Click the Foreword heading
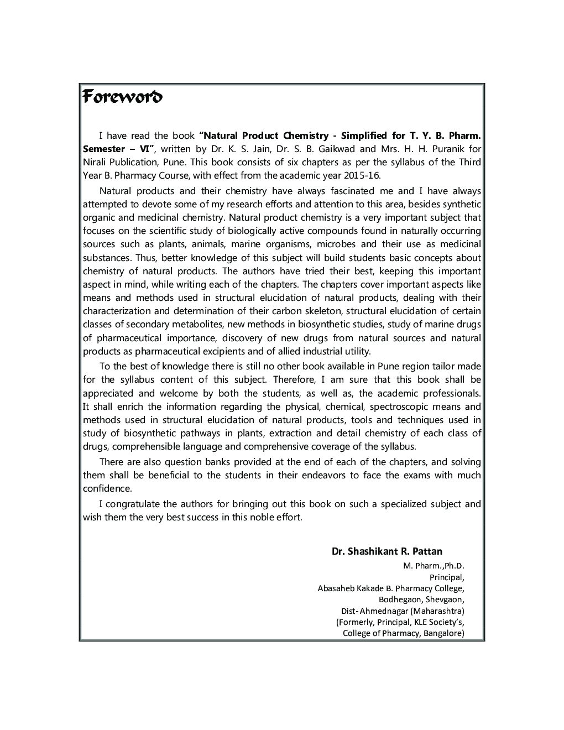tap(122, 97)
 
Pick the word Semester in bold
tap(106, 149)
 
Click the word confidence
tap(107, 489)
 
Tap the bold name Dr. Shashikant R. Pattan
tap(387, 551)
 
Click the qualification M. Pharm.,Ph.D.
tap(434, 566)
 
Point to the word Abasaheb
tap(336, 588)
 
